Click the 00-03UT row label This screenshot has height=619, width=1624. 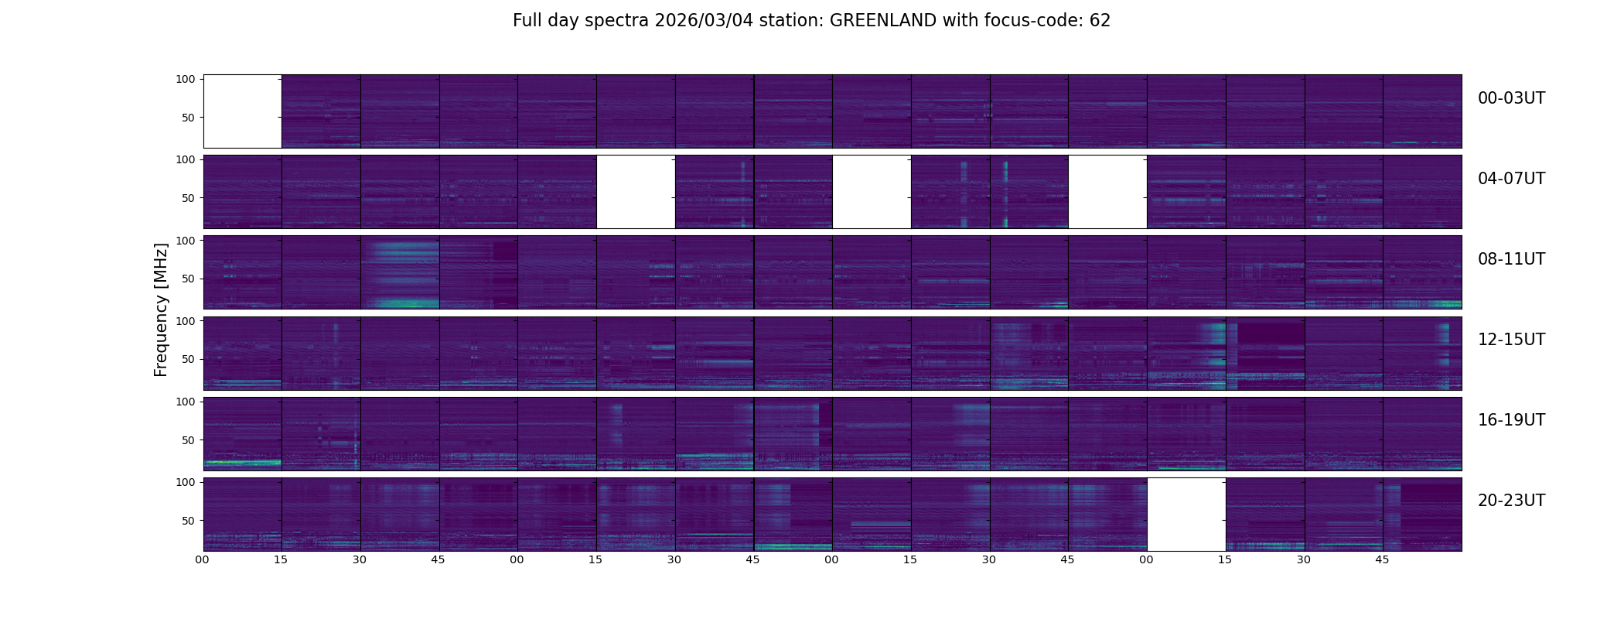point(1511,98)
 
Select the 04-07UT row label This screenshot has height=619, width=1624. point(1511,179)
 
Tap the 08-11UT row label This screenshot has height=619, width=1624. point(1511,259)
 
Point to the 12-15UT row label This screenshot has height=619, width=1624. point(1511,340)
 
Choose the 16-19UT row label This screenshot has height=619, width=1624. point(1511,420)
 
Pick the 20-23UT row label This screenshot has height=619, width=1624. point(1511,501)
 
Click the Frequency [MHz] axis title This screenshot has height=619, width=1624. point(161,309)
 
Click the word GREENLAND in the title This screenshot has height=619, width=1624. point(882,21)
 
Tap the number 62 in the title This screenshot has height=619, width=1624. point(1100,21)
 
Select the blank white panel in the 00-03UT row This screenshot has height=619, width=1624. point(242,111)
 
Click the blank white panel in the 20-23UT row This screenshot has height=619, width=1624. point(1186,515)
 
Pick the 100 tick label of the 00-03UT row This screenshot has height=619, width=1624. point(185,79)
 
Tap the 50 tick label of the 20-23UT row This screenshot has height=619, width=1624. point(188,521)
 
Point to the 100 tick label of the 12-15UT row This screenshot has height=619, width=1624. point(185,320)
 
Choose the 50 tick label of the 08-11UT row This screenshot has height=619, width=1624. point(188,279)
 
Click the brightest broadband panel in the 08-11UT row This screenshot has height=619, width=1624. point(400,272)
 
